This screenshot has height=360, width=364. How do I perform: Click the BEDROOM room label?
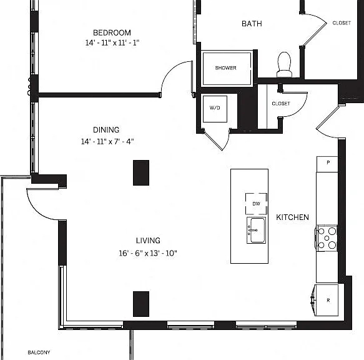(x=112, y=32)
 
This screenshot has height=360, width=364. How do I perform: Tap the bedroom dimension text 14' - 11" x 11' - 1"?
(x=112, y=42)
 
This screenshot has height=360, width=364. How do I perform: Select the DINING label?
(x=106, y=129)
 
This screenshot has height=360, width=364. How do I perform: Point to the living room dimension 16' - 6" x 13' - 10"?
(x=148, y=253)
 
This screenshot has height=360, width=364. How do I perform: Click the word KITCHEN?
(x=292, y=217)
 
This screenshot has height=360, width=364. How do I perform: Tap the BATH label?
(x=252, y=24)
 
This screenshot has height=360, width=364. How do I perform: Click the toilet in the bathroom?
(x=284, y=64)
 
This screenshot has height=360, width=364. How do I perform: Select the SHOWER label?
(x=225, y=68)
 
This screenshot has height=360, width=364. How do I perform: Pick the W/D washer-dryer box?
(x=215, y=109)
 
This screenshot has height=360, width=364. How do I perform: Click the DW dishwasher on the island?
(x=256, y=204)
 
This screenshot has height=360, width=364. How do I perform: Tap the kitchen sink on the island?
(x=256, y=231)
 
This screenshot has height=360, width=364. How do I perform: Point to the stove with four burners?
(x=327, y=237)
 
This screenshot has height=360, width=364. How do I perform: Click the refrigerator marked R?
(x=326, y=300)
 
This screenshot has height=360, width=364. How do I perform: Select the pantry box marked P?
(x=327, y=164)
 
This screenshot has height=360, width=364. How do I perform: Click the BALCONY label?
(x=39, y=352)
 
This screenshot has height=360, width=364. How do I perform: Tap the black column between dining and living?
(x=141, y=172)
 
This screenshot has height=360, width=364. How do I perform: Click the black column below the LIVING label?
(x=141, y=304)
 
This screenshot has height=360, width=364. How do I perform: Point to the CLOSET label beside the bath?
(x=342, y=23)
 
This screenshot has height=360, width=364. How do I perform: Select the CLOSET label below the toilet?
(x=281, y=103)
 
